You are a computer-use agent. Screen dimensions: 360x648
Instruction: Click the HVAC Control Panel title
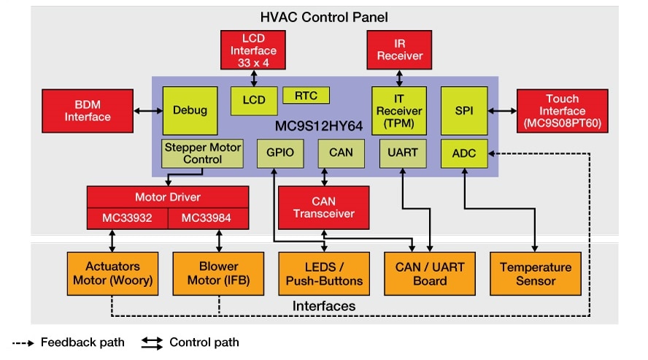pos(324,16)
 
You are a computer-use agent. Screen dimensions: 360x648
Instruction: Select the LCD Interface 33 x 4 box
pos(253,50)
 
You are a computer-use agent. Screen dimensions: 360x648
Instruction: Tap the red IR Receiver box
pos(399,50)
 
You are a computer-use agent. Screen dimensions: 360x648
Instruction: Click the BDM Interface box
pos(87,110)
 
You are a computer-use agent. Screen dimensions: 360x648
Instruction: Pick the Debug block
pos(190,110)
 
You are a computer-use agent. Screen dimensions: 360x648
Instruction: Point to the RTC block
pos(306,95)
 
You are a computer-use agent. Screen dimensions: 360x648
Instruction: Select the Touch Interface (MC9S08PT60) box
pos(562,110)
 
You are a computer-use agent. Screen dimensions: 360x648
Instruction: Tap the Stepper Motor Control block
pos(202,153)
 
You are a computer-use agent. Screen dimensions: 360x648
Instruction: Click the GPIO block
pos(274,153)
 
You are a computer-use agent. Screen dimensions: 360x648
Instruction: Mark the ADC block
pos(464,153)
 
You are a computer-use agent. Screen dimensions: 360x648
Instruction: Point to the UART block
pos(399,153)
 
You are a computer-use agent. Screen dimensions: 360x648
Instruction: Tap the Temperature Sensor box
pos(536,273)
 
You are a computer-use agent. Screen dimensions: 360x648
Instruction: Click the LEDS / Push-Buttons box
pos(321,273)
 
